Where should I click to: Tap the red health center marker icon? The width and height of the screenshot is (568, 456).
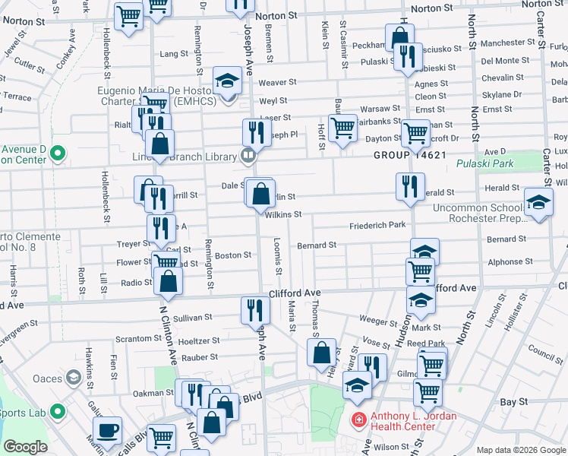point(357,419)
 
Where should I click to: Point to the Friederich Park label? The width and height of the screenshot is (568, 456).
point(377,226)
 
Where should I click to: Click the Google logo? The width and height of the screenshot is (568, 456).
point(25,446)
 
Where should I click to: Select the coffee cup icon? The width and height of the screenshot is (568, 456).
point(109,429)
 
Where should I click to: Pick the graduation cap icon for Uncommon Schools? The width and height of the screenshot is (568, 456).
point(538,203)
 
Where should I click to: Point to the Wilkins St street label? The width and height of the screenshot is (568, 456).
point(283,215)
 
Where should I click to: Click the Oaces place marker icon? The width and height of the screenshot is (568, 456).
point(73,377)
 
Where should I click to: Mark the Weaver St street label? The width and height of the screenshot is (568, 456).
point(276,82)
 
